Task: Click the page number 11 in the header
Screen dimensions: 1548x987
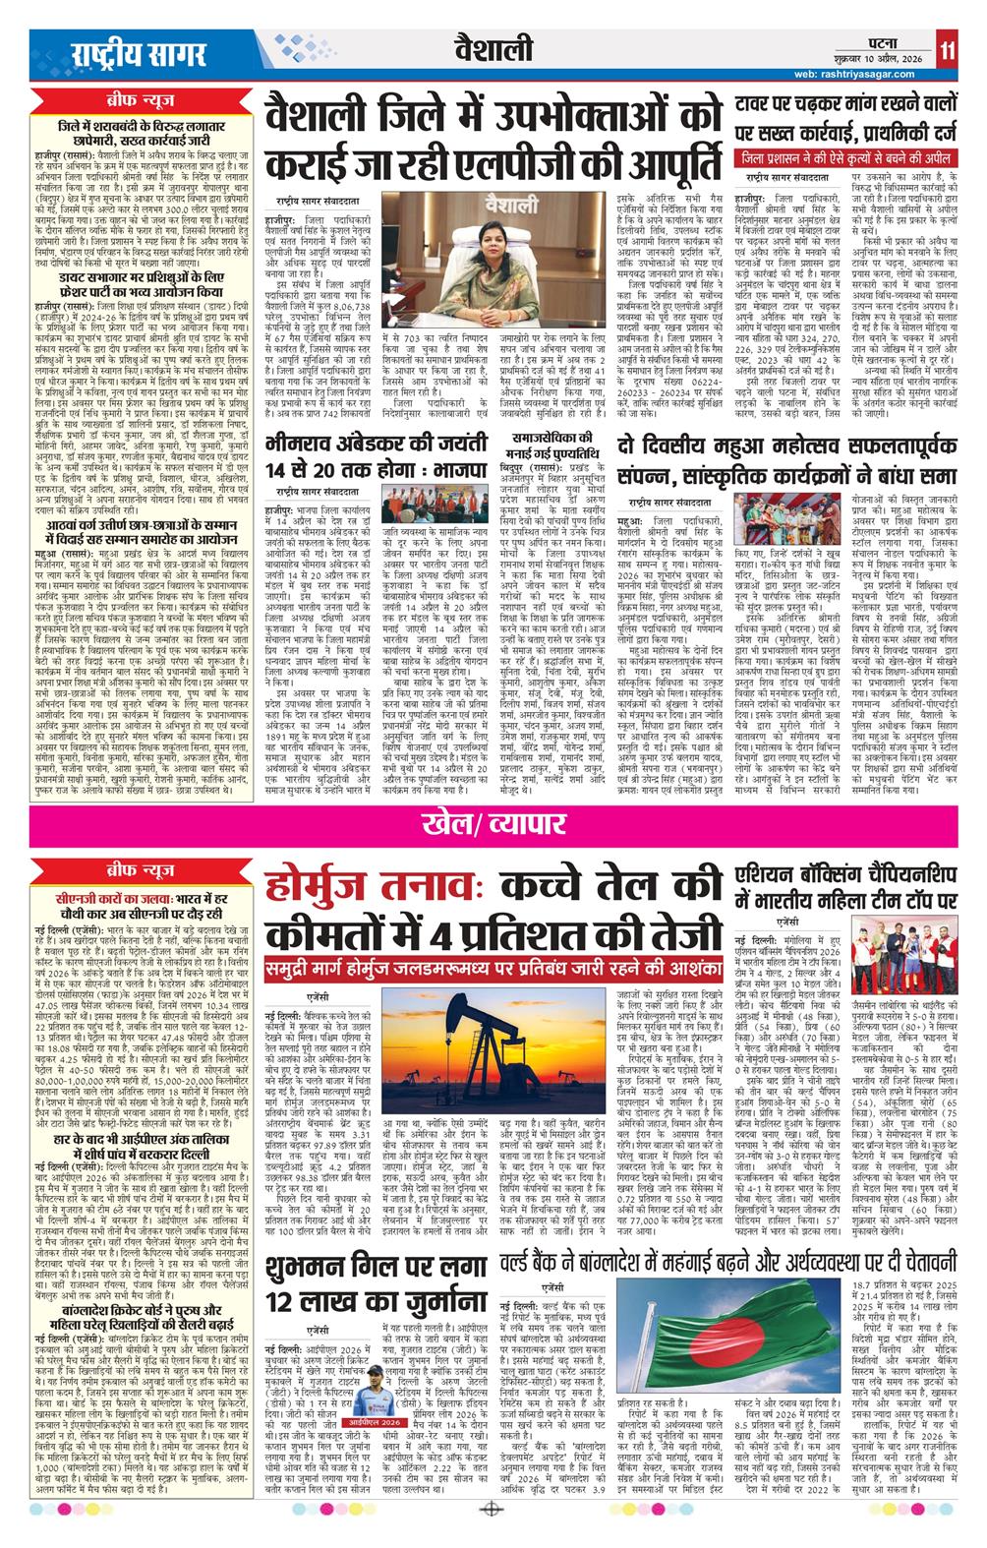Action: (946, 49)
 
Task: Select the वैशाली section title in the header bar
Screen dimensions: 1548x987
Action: (493, 48)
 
